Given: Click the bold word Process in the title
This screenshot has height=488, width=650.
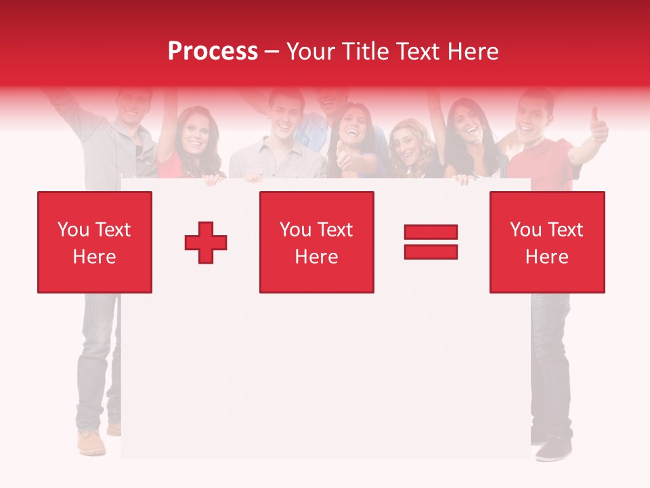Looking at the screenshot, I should [213, 52].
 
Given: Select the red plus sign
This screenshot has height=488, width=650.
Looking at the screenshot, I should [206, 243].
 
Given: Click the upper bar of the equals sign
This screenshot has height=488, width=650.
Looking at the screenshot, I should [431, 232].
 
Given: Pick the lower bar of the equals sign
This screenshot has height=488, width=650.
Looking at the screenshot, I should [431, 251].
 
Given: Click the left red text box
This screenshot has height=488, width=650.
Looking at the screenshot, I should [95, 242].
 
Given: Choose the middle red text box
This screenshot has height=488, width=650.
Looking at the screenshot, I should [316, 242].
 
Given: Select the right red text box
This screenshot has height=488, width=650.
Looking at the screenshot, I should [547, 242].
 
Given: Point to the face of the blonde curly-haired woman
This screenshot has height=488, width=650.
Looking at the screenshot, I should [408, 146].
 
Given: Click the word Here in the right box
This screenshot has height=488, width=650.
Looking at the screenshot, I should [547, 257].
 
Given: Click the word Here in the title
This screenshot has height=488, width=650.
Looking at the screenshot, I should [475, 52].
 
